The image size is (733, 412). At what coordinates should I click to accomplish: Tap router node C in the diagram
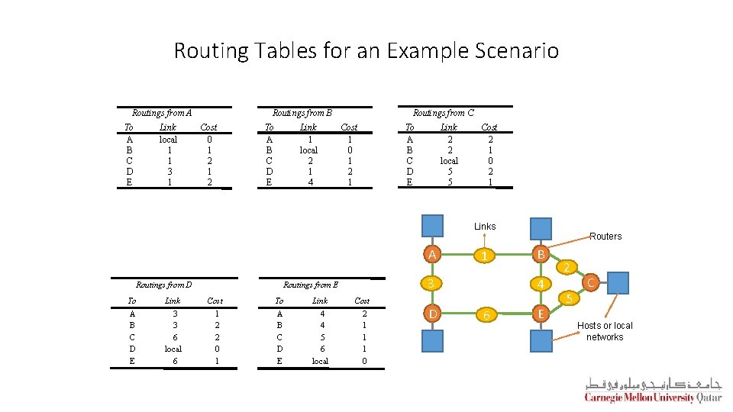click(589, 284)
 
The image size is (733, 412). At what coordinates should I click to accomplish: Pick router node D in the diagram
click(433, 313)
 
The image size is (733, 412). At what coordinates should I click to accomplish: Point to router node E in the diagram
click(541, 313)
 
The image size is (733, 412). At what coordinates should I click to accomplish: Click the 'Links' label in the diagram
click(485, 227)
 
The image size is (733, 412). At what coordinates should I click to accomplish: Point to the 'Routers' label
click(605, 237)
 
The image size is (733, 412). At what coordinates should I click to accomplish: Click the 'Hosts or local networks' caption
click(605, 331)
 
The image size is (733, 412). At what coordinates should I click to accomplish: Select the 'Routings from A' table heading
click(162, 113)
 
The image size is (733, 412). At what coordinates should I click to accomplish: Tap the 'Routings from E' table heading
click(311, 285)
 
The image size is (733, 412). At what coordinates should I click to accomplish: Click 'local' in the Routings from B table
click(308, 150)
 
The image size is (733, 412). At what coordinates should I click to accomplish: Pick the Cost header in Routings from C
click(489, 127)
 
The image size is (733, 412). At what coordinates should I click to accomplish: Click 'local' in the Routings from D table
click(173, 349)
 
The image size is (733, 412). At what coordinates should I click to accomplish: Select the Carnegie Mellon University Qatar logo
click(653, 389)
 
